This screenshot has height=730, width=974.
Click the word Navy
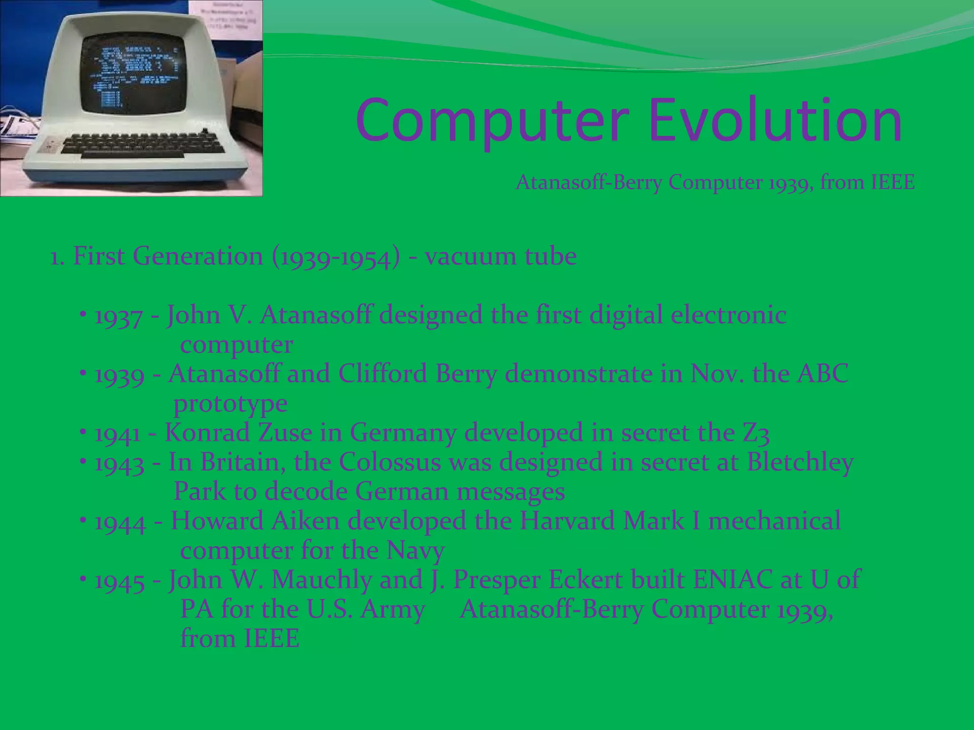tap(416, 551)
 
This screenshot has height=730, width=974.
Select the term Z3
tap(756, 433)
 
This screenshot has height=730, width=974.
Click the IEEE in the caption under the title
tap(892, 182)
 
